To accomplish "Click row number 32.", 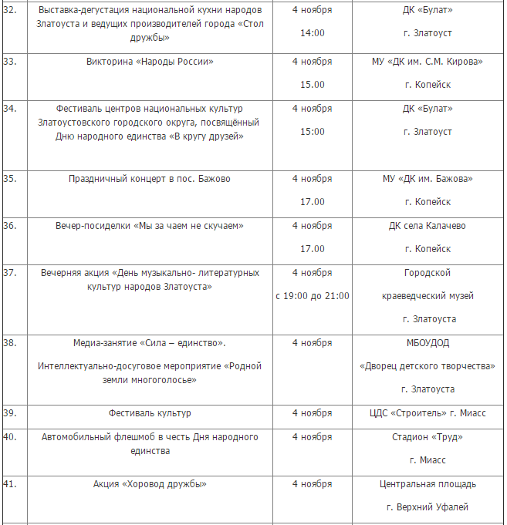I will (x=10, y=10).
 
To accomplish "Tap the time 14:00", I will (x=312, y=33).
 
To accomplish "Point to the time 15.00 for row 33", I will (x=312, y=85).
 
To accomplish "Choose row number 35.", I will (x=10, y=179).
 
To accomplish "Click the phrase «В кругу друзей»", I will (x=209, y=136).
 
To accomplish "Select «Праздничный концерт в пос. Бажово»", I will (x=150, y=179).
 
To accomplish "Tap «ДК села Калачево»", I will (x=428, y=226).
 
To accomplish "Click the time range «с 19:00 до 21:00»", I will (x=312, y=296).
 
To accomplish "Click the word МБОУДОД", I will (x=428, y=343).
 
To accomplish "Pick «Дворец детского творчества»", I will (x=428, y=366).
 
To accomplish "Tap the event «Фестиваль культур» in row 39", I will (x=150, y=413).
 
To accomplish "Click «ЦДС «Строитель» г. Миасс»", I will (x=428, y=413).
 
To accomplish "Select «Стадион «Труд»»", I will (x=428, y=437).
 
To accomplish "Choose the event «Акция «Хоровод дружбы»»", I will (x=150, y=484).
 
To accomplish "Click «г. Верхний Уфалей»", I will (x=428, y=507).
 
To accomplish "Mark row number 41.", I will (x=10, y=484).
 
